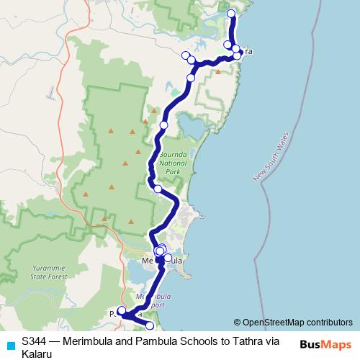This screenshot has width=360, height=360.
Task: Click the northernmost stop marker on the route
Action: coord(231,14)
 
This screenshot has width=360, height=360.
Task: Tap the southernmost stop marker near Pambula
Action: coord(150,327)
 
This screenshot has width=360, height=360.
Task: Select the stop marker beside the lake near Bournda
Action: coord(163,125)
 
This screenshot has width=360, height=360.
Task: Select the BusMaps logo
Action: coord(326,344)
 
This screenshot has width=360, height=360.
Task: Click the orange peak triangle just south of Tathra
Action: coord(217,71)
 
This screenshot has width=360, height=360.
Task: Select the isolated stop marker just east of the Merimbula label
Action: coord(168,258)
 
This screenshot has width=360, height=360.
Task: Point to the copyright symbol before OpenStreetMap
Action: coord(238,323)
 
